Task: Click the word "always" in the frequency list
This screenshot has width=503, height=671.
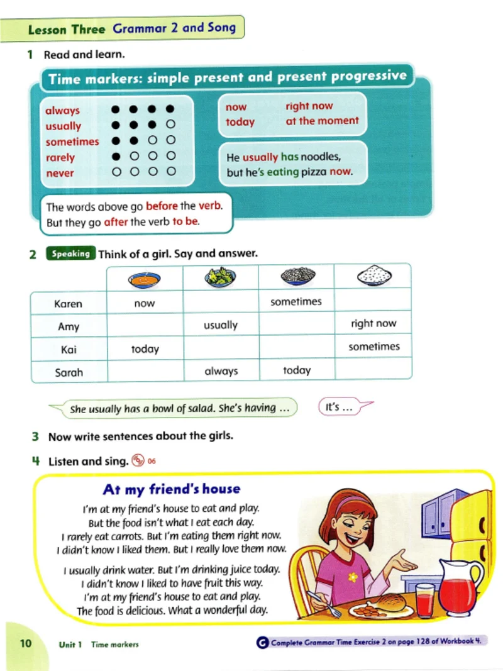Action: (x=62, y=111)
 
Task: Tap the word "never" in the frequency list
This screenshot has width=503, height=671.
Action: (x=60, y=173)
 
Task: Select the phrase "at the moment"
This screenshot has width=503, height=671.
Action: (x=322, y=121)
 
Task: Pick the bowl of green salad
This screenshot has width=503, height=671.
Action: (x=220, y=277)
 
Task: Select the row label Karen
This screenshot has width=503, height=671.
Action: (x=68, y=304)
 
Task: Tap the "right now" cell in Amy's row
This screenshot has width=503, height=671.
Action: (x=373, y=324)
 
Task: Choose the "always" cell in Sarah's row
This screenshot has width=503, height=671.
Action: (x=221, y=371)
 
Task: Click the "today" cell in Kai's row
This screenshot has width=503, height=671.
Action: (x=145, y=349)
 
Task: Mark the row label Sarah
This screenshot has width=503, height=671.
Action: (x=69, y=372)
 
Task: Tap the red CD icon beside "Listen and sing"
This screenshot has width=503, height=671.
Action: (x=138, y=461)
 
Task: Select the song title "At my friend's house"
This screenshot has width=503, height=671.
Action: (x=172, y=489)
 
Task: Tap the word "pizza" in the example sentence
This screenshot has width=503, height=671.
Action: (x=312, y=171)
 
